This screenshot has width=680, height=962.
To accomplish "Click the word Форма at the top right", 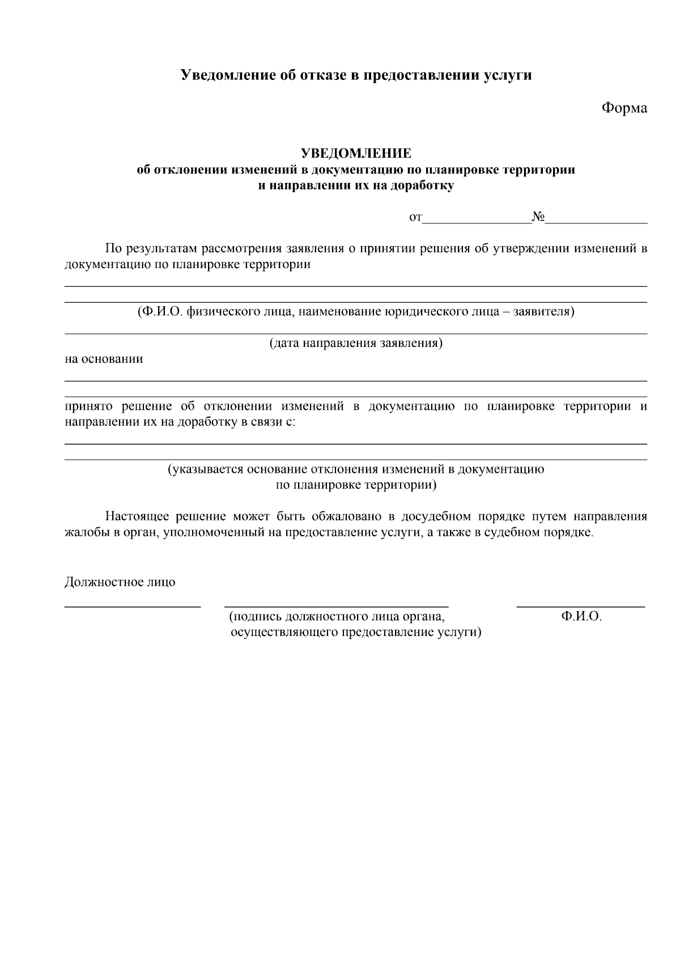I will click(624, 108).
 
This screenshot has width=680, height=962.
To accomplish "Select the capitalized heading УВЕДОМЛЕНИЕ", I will click(356, 153).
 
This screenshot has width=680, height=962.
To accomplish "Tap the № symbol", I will click(538, 217).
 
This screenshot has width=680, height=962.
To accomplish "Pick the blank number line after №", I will click(596, 221).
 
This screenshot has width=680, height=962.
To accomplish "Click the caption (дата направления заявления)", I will click(356, 343).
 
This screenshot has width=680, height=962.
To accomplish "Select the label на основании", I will click(104, 359).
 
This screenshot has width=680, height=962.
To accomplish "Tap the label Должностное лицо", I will click(120, 582).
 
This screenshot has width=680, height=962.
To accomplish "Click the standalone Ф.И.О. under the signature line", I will click(581, 617).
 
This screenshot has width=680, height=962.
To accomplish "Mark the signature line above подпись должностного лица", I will click(337, 607).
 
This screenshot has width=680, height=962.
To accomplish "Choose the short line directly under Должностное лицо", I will click(133, 607).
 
